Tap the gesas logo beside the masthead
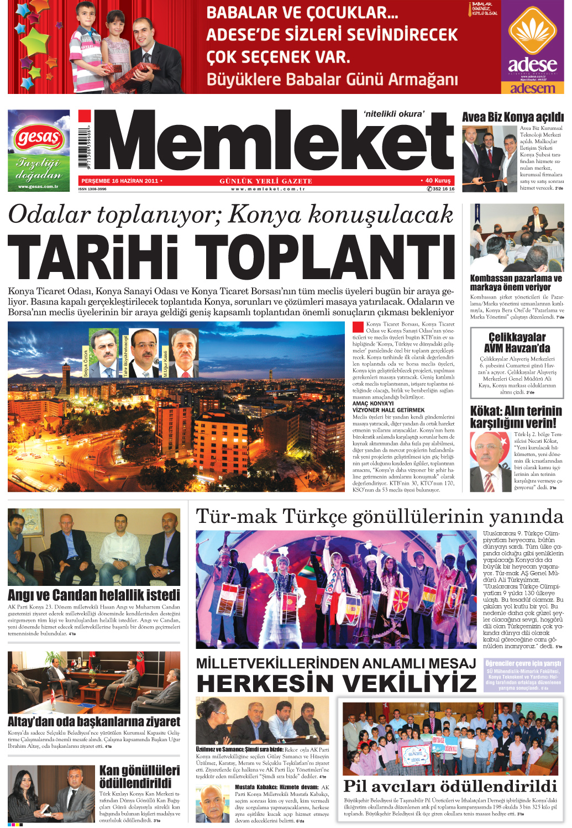[38, 137]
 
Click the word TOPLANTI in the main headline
[326, 258]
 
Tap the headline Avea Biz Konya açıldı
[512, 117]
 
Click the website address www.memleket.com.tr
[267, 189]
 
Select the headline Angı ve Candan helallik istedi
[94, 595]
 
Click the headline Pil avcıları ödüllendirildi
[450, 786]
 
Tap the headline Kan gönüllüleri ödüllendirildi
[139, 777]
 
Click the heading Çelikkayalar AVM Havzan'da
[517, 343]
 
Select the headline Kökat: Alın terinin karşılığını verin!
[516, 417]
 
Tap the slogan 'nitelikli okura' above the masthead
[394, 114]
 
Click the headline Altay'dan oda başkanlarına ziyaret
[94, 721]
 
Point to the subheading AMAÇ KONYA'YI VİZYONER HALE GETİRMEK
[389, 407]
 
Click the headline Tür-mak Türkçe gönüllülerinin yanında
[379, 516]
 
